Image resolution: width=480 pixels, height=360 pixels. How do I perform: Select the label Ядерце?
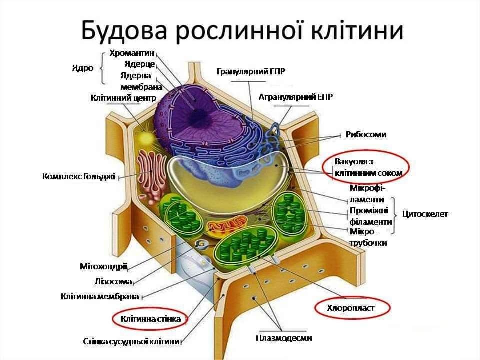tap(139, 64)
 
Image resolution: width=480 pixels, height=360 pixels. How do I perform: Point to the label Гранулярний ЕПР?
tap(251, 72)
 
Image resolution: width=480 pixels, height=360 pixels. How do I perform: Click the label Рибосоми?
tap(366, 134)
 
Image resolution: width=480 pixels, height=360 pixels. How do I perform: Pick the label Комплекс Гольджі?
tap(79, 176)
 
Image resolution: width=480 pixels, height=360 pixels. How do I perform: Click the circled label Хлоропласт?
tap(351, 308)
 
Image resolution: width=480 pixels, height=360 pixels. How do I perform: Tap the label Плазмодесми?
tap(284, 338)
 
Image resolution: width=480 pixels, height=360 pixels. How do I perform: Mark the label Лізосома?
tap(113, 281)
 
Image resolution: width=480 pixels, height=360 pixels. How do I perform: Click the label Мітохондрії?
tap(104, 266)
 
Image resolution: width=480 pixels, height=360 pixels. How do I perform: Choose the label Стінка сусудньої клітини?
tap(131, 342)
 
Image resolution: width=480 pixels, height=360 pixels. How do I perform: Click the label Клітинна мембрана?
tap(99, 296)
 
